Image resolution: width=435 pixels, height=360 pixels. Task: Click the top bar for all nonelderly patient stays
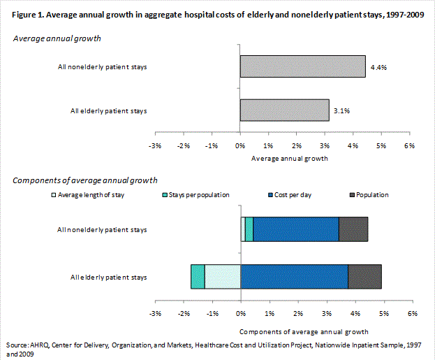pyautogui.click(x=302, y=67)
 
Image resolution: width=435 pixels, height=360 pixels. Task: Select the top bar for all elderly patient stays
pyautogui.click(x=284, y=110)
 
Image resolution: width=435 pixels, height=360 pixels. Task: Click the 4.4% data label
pyautogui.click(x=378, y=67)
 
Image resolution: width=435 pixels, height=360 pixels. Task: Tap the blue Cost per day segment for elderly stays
pyautogui.click(x=294, y=277)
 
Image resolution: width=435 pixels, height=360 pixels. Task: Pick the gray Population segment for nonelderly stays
pyautogui.click(x=353, y=229)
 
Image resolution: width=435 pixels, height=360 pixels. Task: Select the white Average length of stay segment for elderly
pyautogui.click(x=222, y=277)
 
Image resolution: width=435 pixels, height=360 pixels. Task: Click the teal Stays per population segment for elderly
pyautogui.click(x=198, y=277)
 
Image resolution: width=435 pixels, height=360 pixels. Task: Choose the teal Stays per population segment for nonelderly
pyautogui.click(x=249, y=229)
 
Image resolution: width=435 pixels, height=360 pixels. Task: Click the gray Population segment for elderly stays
pyautogui.click(x=364, y=277)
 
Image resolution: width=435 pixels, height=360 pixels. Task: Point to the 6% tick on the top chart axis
pyautogui.click(x=410, y=145)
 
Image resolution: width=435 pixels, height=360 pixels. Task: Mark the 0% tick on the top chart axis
pyautogui.click(x=240, y=145)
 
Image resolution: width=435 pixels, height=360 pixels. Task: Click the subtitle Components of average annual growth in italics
pyautogui.click(x=85, y=180)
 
